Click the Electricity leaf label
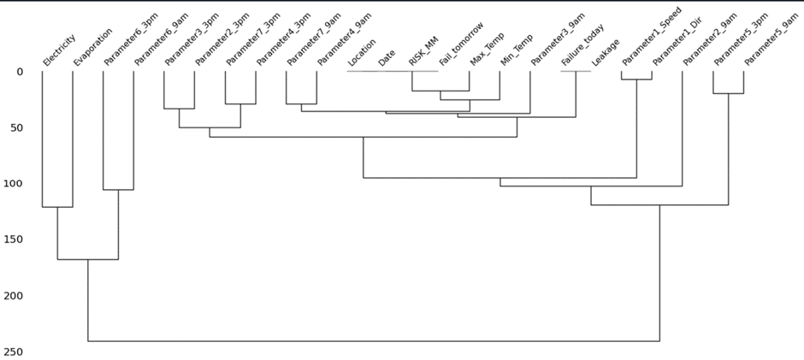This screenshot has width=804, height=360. pos(59,50)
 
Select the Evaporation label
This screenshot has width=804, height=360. pos(92,47)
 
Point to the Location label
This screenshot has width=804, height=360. pos(362,52)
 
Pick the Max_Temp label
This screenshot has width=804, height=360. pos(488,50)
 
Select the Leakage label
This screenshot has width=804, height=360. pos(606,52)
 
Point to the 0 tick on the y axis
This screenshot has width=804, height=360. pos(20,71)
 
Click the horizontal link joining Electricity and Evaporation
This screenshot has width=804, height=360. pos(57,207)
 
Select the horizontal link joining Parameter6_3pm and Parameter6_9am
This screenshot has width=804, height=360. pos(118,190)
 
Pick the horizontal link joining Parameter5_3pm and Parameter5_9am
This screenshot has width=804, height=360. pos(728,93)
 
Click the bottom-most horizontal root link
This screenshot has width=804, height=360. pos(374,341)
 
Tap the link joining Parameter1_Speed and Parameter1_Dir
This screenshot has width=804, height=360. pos(636,80)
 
